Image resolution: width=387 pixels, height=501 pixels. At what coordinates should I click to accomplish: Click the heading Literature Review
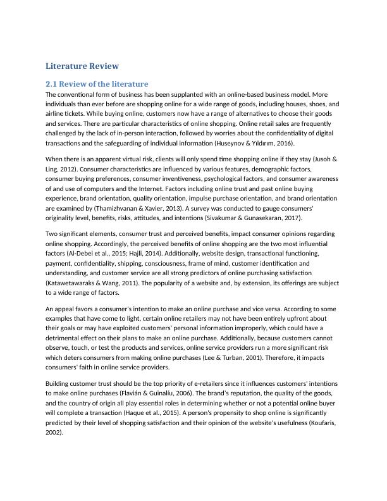(82, 66)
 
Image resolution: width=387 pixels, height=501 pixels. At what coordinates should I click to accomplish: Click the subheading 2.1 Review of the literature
(97, 83)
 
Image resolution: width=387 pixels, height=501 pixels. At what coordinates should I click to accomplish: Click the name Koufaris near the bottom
(322, 424)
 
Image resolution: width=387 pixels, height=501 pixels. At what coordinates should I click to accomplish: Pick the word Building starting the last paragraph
(62, 384)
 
